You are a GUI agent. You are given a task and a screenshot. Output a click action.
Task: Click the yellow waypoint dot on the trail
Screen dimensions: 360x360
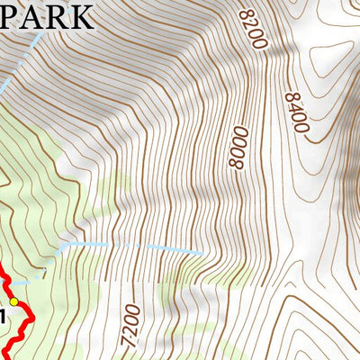tap(13, 301)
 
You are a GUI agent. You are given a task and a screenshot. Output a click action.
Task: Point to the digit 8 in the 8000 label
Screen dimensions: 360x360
tap(236, 165)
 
